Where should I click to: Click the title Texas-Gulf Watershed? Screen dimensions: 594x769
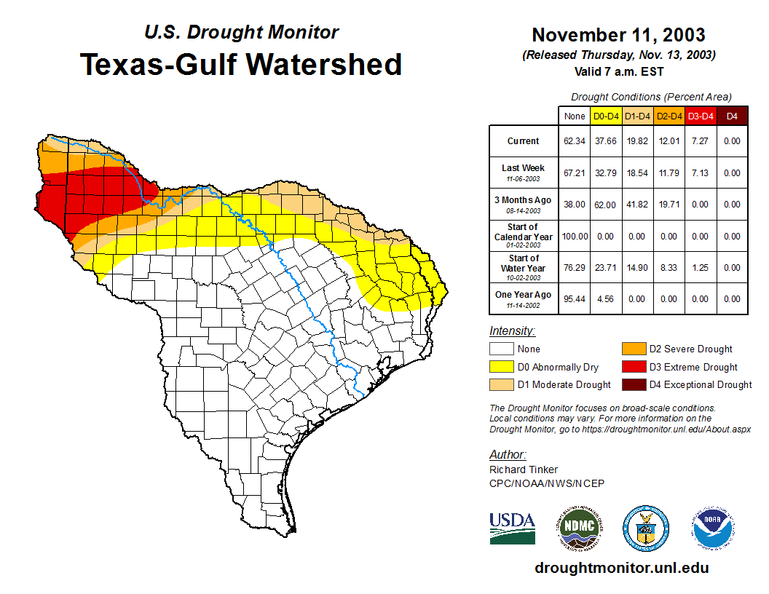tap(240, 64)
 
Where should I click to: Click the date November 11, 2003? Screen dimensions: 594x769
tap(618, 35)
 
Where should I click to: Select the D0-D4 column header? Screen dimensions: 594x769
tap(606, 116)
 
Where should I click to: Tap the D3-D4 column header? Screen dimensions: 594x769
tap(700, 116)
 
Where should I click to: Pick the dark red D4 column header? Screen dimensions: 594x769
tap(732, 116)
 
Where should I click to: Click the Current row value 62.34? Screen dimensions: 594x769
tap(575, 141)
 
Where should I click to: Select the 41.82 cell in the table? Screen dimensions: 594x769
tap(637, 205)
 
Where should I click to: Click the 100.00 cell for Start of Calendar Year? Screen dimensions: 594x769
tap(575, 236)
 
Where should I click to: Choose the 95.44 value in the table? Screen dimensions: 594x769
tap(575, 298)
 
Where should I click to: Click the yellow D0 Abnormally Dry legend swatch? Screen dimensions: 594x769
tap(501, 367)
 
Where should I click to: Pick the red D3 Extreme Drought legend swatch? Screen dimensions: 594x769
tap(633, 367)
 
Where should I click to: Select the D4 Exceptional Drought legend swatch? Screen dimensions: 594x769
tap(633, 384)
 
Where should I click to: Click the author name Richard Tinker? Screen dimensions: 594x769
tap(524, 470)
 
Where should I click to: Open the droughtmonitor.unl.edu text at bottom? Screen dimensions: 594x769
tap(621, 568)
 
